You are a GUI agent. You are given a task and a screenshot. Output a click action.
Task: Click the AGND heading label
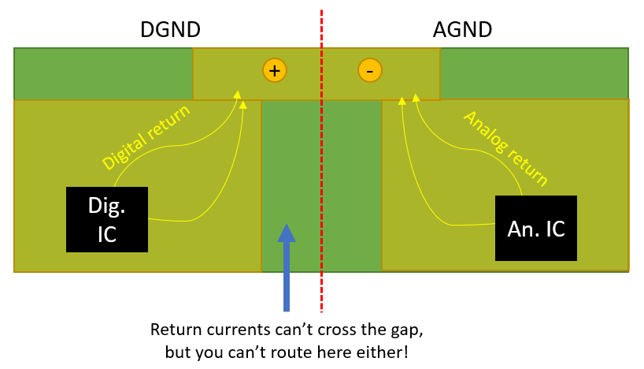462,30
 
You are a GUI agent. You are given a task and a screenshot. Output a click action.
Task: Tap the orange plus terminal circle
274,70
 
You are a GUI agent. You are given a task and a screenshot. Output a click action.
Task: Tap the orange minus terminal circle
369,70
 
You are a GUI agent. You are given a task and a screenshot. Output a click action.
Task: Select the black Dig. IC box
107,219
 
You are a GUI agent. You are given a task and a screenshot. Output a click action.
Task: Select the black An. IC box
535,229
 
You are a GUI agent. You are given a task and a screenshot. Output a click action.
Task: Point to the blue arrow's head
287,233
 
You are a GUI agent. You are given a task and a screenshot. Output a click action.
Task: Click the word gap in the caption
408,329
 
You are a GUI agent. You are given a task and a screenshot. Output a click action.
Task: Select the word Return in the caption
175,329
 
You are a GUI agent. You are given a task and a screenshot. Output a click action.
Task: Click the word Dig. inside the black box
107,207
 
